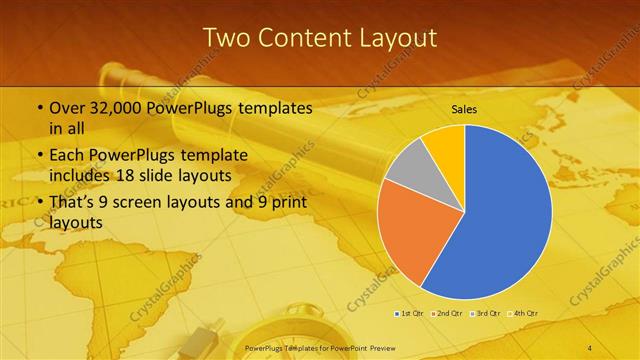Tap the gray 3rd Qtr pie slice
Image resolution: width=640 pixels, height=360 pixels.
pyautogui.click(x=408, y=171)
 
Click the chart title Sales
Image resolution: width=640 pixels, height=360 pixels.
pyautogui.click(x=464, y=109)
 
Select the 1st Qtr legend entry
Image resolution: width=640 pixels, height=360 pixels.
pyautogui.click(x=408, y=314)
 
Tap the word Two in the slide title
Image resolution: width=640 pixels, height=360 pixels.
pyautogui.click(x=227, y=38)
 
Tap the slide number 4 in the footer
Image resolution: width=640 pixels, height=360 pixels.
pyautogui.click(x=590, y=347)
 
